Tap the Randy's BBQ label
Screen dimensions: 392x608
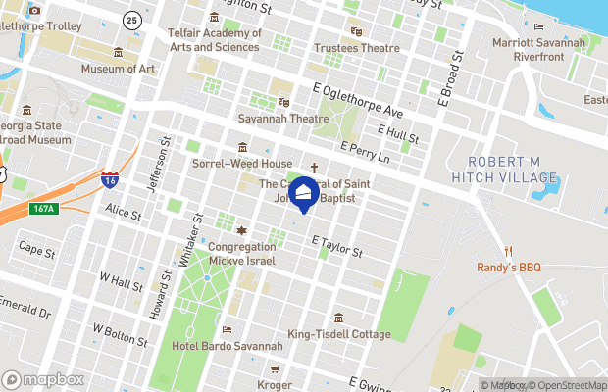click(510, 268)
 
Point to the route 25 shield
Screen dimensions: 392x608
click(132, 20)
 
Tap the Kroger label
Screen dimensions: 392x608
click(275, 385)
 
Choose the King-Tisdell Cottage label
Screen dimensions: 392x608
click(338, 334)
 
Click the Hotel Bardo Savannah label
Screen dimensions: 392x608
click(228, 346)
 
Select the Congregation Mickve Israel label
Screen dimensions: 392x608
click(241, 254)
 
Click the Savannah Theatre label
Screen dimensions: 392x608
click(283, 118)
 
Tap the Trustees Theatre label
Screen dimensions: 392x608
click(356, 48)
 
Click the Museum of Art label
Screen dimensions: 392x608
click(118, 69)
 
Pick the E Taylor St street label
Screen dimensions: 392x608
click(337, 245)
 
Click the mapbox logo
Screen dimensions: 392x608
click(43, 379)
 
